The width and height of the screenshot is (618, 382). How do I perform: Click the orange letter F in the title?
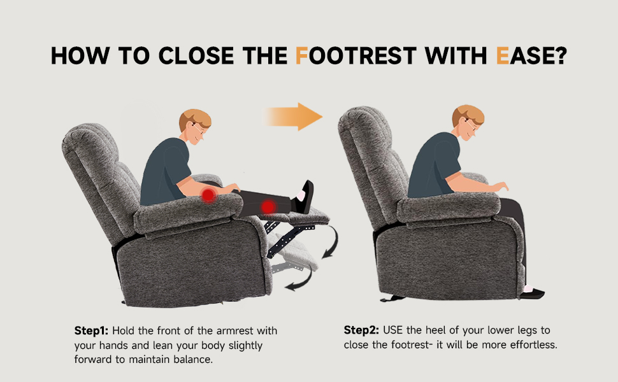[302, 57]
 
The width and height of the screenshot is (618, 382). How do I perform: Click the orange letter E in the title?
[501, 57]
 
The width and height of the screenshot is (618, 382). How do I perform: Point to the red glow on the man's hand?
[208, 195]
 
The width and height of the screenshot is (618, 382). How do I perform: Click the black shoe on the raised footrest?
[305, 197]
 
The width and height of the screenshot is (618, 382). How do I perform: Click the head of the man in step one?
[195, 127]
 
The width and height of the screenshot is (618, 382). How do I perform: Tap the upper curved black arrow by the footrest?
[333, 244]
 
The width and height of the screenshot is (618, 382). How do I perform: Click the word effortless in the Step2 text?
[535, 345]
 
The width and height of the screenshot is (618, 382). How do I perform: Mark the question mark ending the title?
[559, 57]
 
